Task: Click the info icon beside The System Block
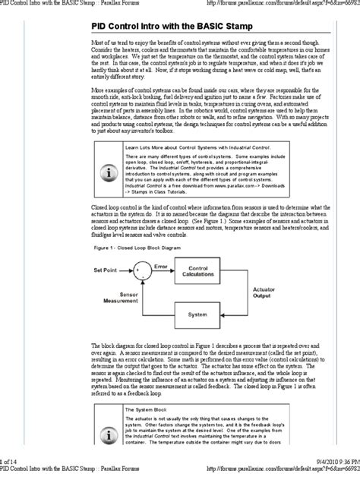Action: click(112, 445)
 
